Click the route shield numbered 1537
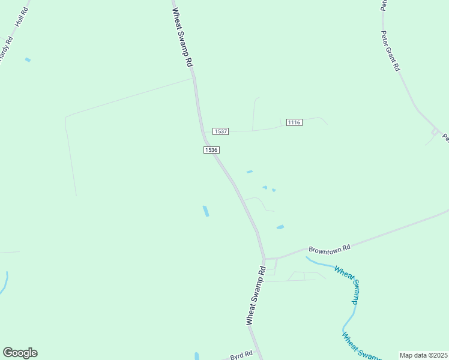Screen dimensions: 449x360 pyautogui.click(x=220, y=131)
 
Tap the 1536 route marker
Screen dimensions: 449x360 pyautogui.click(x=210, y=150)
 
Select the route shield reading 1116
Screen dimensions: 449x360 pyautogui.click(x=294, y=122)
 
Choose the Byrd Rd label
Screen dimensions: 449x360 pyautogui.click(x=241, y=356)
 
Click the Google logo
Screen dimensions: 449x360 pyautogui.click(x=20, y=353)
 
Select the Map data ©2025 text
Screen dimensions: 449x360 pyautogui.click(x=424, y=355)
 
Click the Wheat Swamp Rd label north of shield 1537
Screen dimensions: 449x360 pyautogui.click(x=182, y=37)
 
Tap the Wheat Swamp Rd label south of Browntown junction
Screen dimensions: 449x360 pyautogui.click(x=255, y=296)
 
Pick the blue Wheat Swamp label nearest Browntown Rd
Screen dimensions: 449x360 pyautogui.click(x=348, y=286)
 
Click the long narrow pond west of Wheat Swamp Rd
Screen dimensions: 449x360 pyautogui.click(x=206, y=211)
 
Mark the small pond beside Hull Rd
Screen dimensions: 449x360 pyautogui.click(x=28, y=60)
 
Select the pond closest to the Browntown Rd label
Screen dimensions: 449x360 pyautogui.click(x=280, y=227)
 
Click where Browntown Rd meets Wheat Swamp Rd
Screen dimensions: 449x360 pyautogui.click(x=264, y=259)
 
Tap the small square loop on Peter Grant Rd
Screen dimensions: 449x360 pyautogui.click(x=435, y=131)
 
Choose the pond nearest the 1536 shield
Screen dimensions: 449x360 pyautogui.click(x=250, y=172)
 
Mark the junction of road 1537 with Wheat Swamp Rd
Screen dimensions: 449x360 pyautogui.click(x=202, y=132)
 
